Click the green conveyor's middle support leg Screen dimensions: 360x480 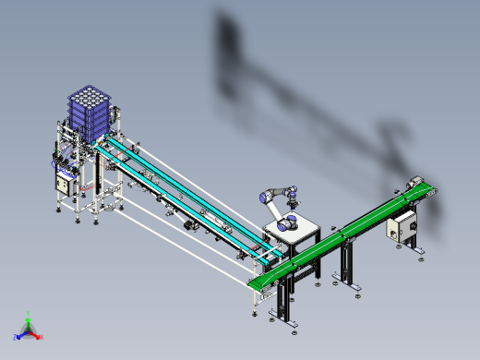point(349,258)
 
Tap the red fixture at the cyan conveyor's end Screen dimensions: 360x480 point(267,244)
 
